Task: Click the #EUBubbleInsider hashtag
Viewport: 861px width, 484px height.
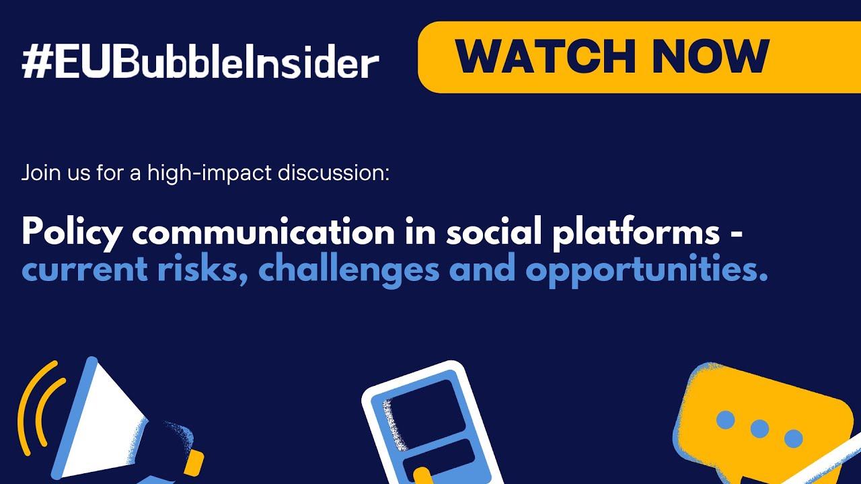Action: [x=200, y=63]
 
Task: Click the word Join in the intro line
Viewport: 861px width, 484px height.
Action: [x=38, y=173]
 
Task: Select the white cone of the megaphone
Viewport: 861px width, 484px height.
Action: [x=108, y=424]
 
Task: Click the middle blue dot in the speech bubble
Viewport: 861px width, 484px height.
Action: [x=759, y=428]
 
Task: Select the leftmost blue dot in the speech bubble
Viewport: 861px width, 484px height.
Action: [x=725, y=420]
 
